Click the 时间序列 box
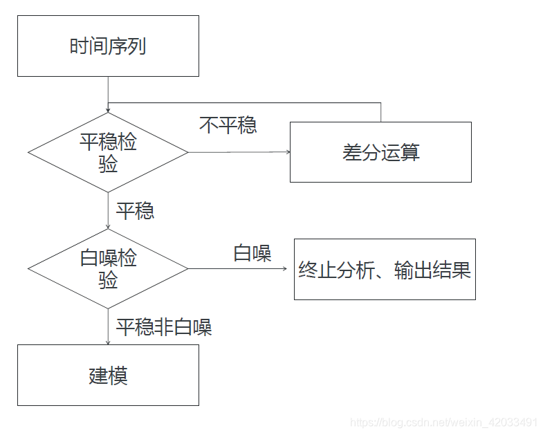click(108, 46)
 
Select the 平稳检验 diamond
click(108, 152)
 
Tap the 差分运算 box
click(380, 152)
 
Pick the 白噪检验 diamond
click(108, 268)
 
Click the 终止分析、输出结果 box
click(385, 269)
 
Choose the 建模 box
click(108, 375)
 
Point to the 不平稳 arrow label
click(228, 124)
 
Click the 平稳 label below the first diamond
click(135, 211)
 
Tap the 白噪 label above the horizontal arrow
click(252, 253)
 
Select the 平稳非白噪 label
click(164, 327)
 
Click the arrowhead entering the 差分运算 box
click(286, 152)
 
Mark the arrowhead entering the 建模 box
click(108, 341)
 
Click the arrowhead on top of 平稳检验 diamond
click(108, 110)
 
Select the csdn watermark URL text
click(443, 422)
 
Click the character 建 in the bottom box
click(98, 376)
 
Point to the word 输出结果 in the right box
click(432, 270)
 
